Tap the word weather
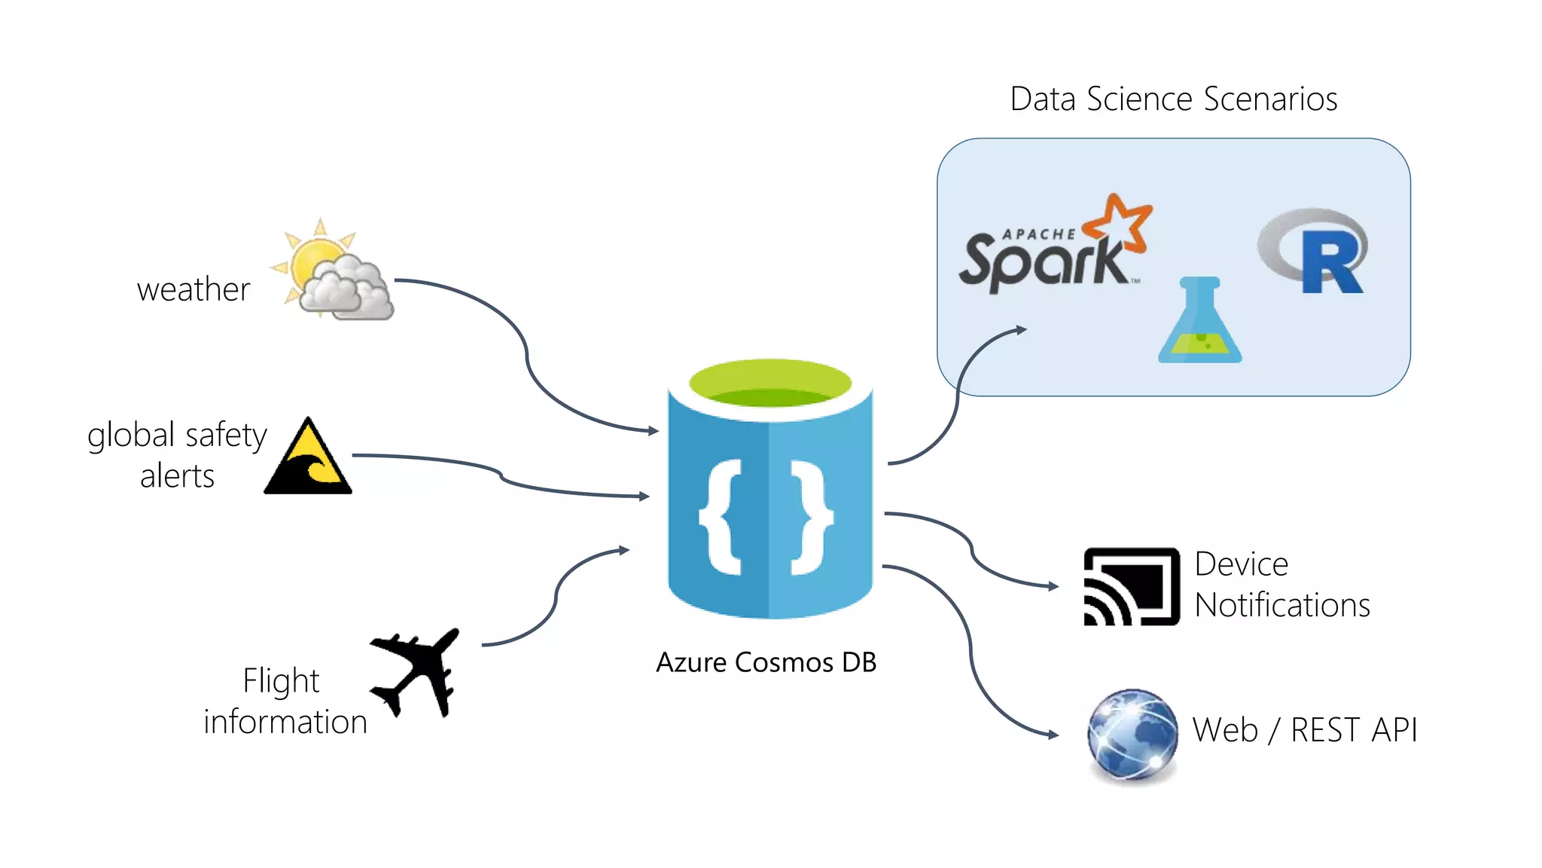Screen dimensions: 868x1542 (x=194, y=290)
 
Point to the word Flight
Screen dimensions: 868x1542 (x=281, y=681)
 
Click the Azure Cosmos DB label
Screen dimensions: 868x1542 (x=766, y=662)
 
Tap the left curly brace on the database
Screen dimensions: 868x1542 (x=723, y=517)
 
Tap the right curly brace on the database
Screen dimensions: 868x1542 (x=812, y=517)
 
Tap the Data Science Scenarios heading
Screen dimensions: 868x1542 (x=1173, y=99)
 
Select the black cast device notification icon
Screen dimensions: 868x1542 (x=1131, y=587)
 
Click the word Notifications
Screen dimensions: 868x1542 (x=1282, y=606)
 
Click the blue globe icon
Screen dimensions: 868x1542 (x=1132, y=735)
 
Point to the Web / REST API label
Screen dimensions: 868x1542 (x=1305, y=730)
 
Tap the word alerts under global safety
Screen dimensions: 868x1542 (x=178, y=477)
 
